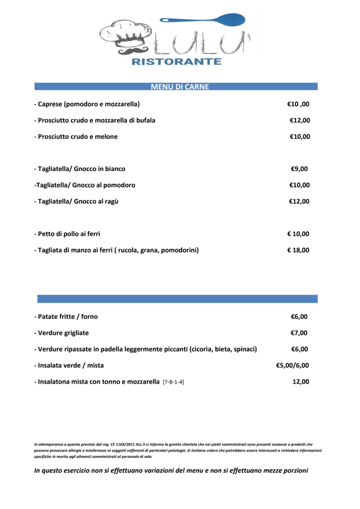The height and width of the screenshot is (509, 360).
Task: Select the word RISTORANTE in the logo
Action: (x=176, y=61)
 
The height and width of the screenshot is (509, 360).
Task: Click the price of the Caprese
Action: (x=298, y=104)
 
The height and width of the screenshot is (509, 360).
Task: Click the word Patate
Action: (x=50, y=317)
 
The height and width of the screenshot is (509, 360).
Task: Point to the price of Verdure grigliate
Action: (x=299, y=333)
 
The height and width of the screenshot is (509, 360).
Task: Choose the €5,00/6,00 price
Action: (x=292, y=366)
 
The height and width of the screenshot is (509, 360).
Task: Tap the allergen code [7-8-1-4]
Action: (x=173, y=382)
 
